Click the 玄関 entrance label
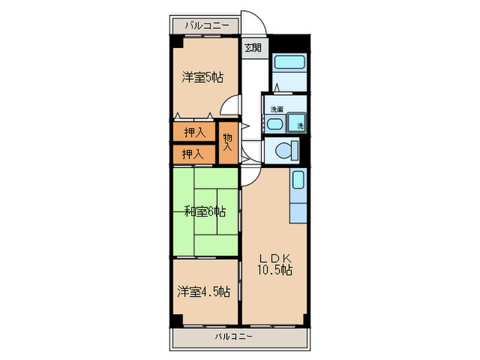click(x=253, y=47)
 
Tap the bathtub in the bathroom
click(x=289, y=63)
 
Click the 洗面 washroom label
click(x=276, y=109)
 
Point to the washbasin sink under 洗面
click(x=274, y=124)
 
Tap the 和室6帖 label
click(x=204, y=211)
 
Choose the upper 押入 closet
click(x=194, y=132)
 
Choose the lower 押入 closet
click(x=193, y=154)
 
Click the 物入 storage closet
click(x=228, y=142)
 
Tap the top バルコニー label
click(x=204, y=26)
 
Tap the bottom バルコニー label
click(x=233, y=337)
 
